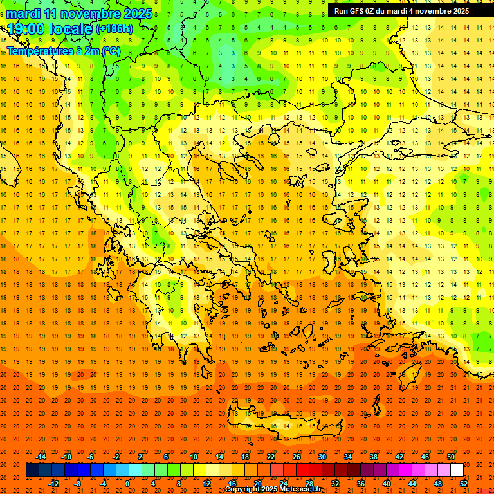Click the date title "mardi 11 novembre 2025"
80,14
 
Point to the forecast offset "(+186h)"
114,29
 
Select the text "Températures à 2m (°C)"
63,51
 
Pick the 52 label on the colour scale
464,483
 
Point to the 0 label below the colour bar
127,483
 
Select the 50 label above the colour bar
451,457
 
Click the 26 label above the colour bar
297,457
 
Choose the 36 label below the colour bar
360,483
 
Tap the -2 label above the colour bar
116,457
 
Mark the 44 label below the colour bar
412,483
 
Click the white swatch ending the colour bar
457,470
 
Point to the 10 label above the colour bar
194,457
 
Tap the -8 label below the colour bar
77,483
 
